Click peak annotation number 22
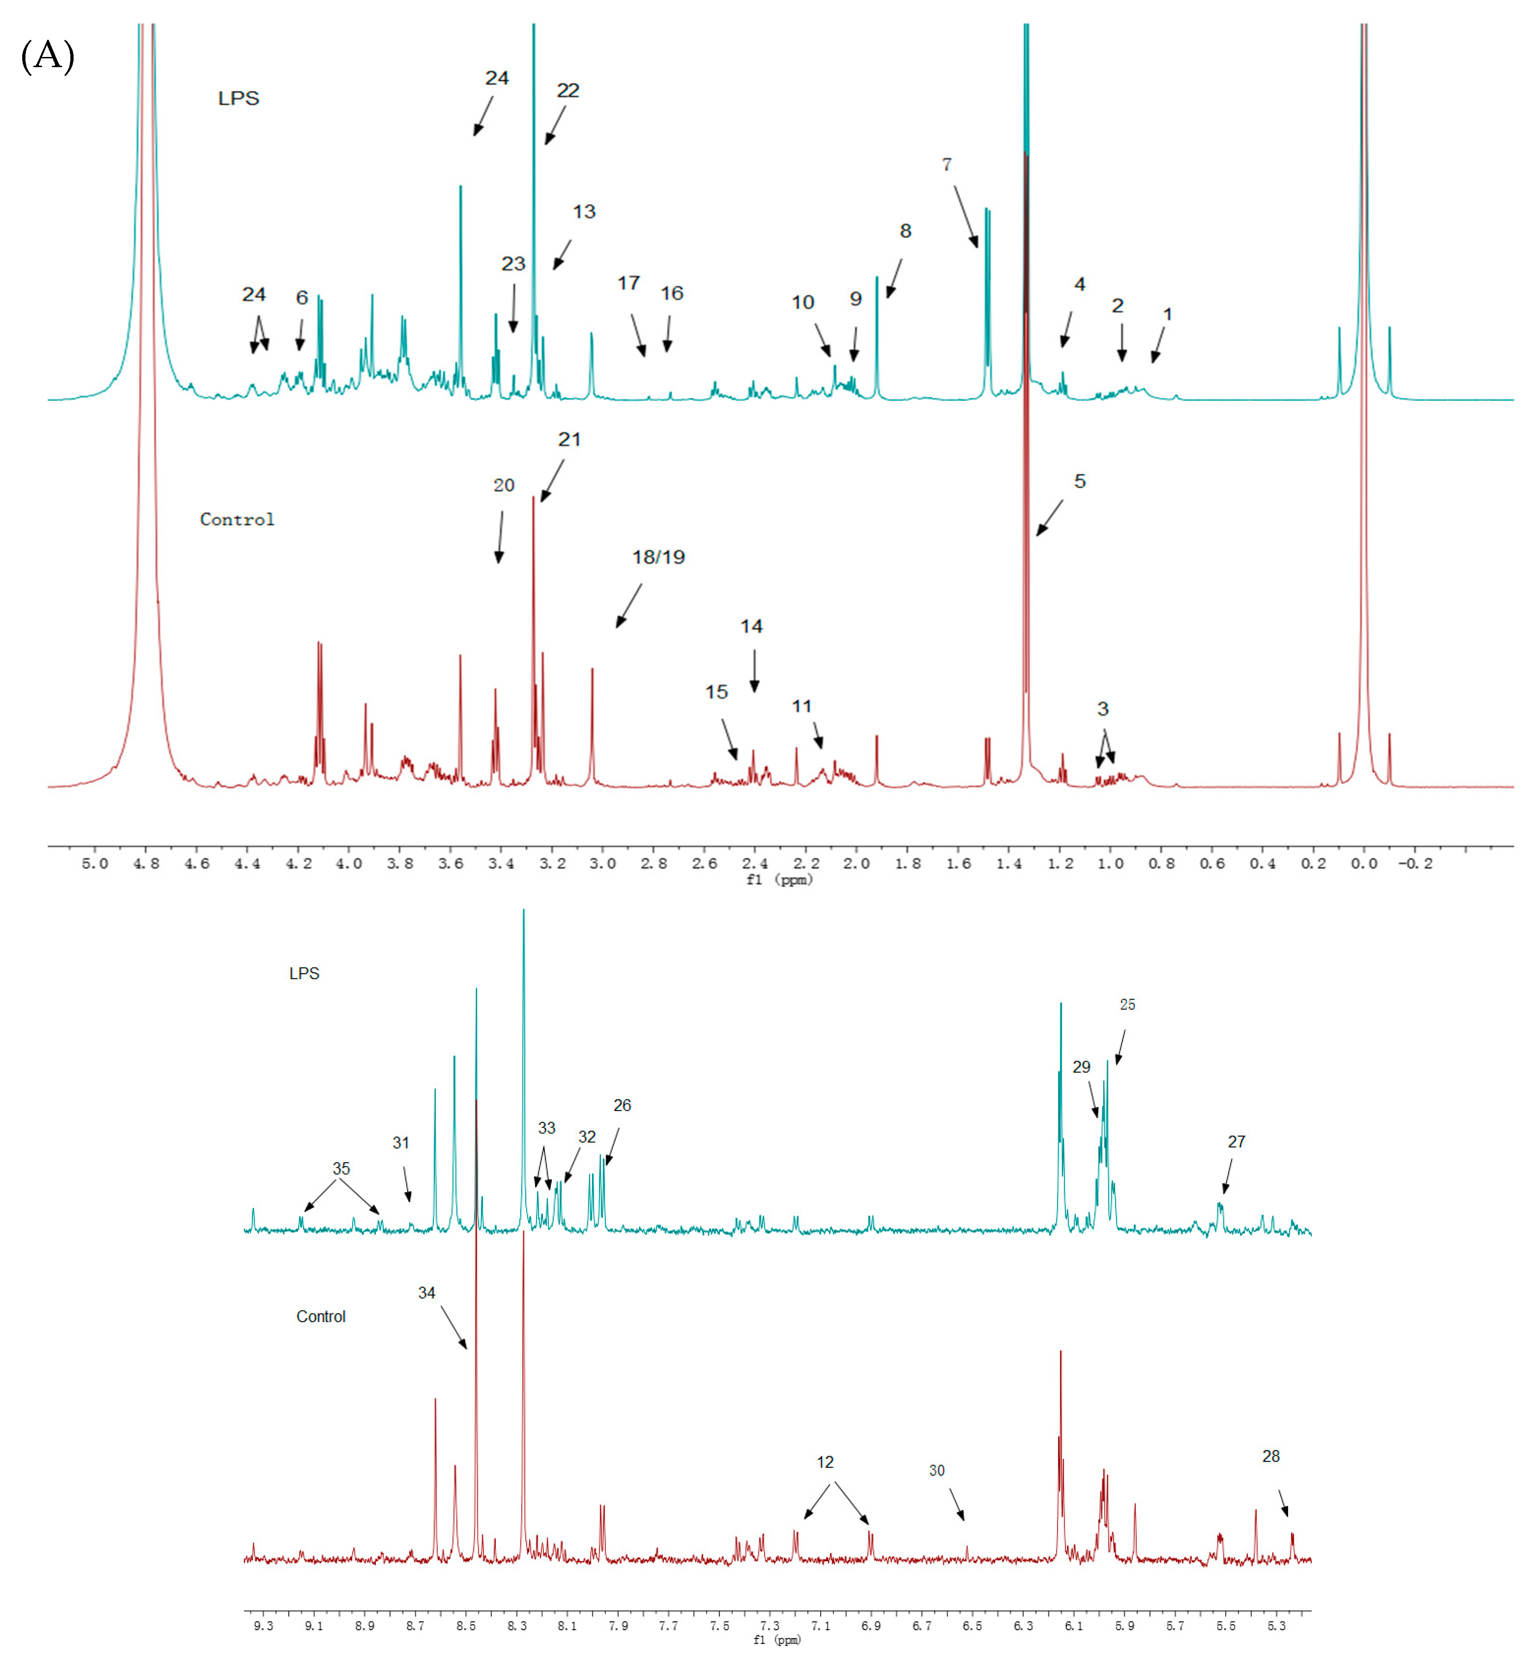567,90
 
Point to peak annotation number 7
947,164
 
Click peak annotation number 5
1079,482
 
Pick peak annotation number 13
584,212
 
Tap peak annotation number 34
426,1292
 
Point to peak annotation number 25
1127,1004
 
